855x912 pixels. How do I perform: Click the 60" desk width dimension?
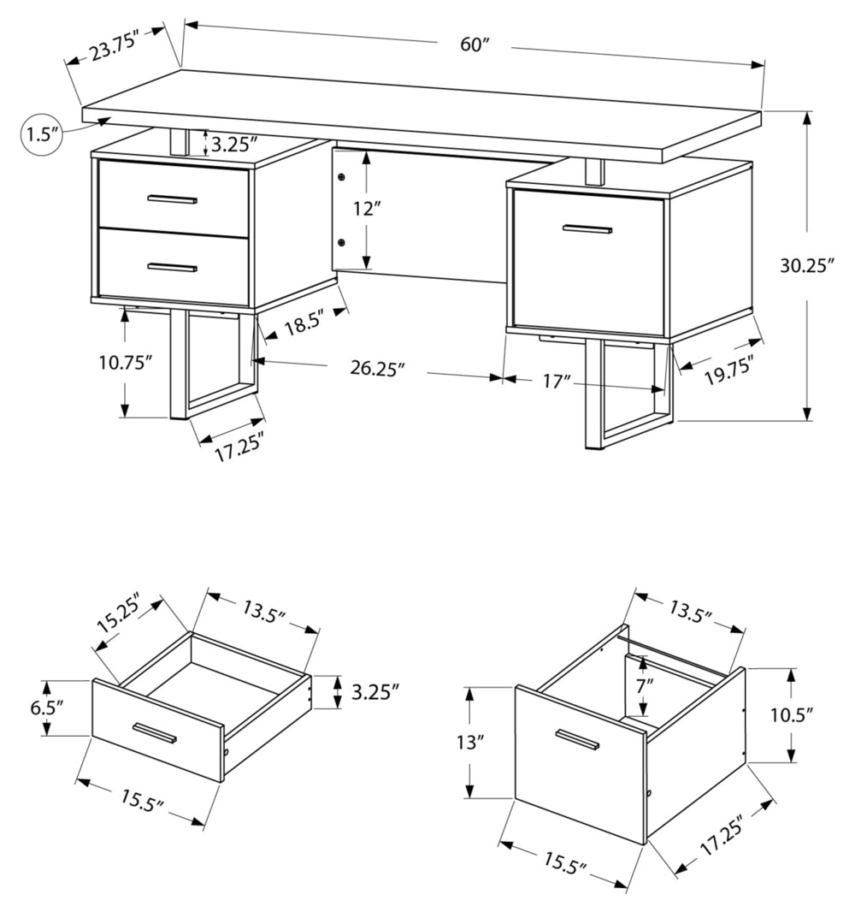[x=474, y=44]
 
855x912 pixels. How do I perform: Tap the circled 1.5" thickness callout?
[x=41, y=134]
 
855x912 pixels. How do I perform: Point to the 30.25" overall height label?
[x=806, y=265]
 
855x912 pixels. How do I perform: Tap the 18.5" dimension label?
[x=306, y=327]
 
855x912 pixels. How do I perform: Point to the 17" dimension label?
[x=557, y=381]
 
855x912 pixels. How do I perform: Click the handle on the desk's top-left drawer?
[x=173, y=200]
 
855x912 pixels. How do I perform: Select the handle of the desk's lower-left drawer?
[x=172, y=268]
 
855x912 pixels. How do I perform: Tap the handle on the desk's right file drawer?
[x=587, y=229]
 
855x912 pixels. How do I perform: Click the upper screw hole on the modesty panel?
[x=341, y=178]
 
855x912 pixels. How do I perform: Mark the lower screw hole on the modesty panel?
[x=341, y=242]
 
